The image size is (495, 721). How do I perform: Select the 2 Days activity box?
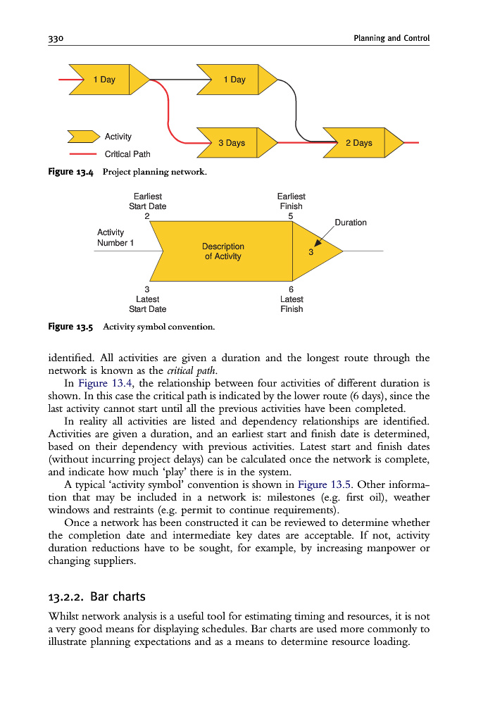click(x=358, y=143)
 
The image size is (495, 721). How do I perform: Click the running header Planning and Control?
click(x=391, y=38)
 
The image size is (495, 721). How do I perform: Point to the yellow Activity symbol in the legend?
click(x=82, y=137)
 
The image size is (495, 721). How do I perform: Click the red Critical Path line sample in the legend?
click(x=82, y=154)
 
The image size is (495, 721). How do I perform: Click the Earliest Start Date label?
click(x=147, y=201)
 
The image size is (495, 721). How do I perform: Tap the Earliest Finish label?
click(x=291, y=201)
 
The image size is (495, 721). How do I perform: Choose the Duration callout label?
click(x=350, y=222)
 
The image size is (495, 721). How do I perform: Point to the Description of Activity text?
click(x=223, y=251)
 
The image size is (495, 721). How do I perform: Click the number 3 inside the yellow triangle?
click(x=311, y=252)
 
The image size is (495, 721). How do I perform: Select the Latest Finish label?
click(x=291, y=304)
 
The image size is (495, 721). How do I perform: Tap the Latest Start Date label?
click(x=147, y=304)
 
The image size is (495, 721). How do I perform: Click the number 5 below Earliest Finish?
click(x=291, y=216)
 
